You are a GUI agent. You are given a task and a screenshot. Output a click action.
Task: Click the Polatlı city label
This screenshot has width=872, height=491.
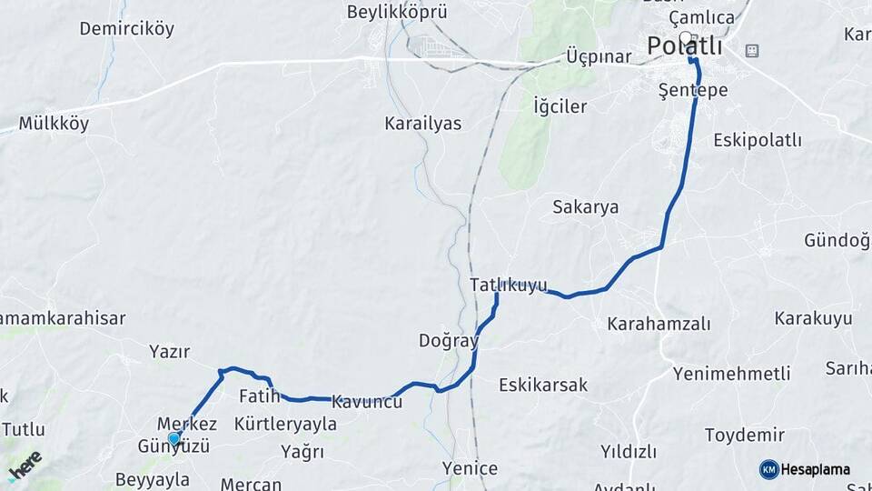point(684,45)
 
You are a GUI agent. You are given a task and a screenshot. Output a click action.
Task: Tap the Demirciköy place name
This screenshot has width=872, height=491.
point(126,28)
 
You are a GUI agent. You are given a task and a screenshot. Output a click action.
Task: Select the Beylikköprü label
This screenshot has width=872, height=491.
point(398,12)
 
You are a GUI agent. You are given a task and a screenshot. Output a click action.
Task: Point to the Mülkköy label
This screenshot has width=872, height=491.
point(54,124)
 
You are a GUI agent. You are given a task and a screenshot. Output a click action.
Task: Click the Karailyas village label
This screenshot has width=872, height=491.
point(422,123)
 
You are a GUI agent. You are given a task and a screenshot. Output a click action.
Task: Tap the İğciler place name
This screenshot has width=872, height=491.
point(560,106)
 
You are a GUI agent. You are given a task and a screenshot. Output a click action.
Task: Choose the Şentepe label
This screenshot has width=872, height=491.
point(693,90)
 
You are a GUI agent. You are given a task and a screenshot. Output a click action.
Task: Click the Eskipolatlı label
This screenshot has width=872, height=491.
point(758,140)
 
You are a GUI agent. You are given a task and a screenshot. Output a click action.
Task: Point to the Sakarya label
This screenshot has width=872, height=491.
point(585,206)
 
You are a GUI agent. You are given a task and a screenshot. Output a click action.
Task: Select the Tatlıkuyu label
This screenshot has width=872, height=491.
point(509,285)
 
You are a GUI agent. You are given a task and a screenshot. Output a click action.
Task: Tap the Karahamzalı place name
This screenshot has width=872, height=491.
point(659,324)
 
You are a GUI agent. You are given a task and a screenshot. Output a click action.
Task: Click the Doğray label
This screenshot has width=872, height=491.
point(448,341)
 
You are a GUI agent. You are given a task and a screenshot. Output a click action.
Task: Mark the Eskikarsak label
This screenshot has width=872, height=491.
point(543,385)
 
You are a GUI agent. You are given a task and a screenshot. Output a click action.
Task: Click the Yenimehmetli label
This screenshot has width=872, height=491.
point(731,373)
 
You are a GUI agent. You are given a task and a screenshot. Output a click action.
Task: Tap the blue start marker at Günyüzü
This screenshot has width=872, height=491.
point(173,439)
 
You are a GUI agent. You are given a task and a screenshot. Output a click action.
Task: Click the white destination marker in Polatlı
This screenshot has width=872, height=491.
point(687,39)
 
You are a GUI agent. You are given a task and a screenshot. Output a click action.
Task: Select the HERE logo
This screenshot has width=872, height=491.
point(25,466)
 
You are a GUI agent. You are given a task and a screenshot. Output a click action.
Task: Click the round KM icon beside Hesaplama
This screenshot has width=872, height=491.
point(768,469)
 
